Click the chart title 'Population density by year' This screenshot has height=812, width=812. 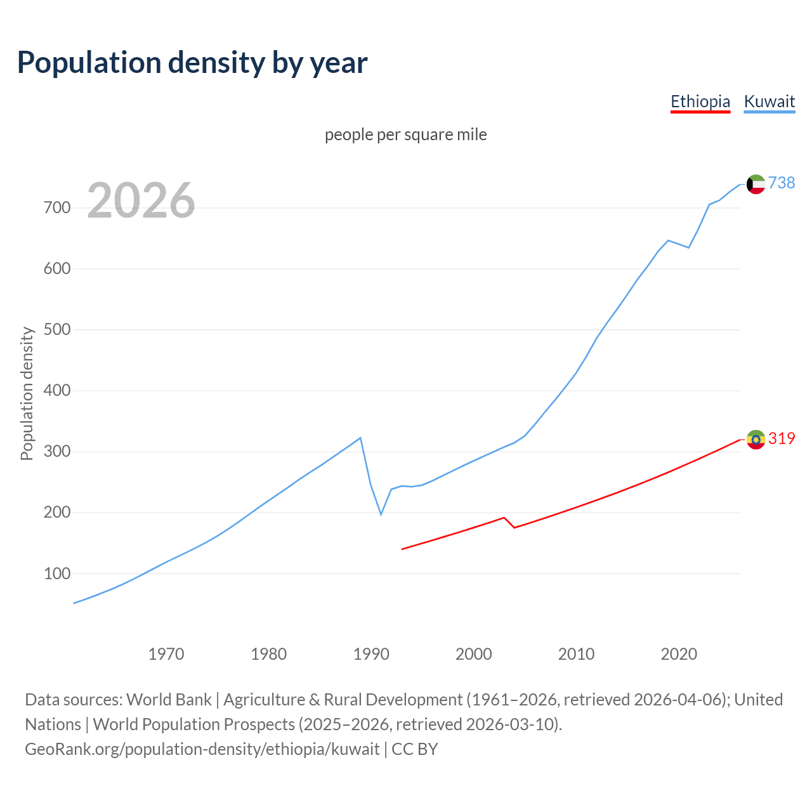point(192,62)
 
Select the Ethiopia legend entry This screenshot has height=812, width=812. point(700,101)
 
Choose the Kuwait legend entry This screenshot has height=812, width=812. point(769,101)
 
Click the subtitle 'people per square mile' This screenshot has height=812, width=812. point(405,134)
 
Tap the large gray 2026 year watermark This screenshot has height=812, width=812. point(141,200)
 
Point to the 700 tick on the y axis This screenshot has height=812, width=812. point(57,208)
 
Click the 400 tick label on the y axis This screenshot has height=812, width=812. point(57,391)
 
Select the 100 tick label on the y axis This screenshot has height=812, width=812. point(57,573)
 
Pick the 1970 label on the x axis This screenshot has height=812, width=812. point(166,653)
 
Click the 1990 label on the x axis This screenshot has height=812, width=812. point(371,653)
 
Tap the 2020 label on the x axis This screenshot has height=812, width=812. point(679,653)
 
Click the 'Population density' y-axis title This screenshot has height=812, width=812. point(27,393)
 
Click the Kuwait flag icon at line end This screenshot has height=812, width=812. point(756,184)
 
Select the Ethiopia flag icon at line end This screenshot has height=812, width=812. point(756,439)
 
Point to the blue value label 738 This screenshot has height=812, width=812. point(782,183)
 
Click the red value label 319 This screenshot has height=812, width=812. point(782,438)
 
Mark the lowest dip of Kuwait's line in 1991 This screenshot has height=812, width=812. point(381,514)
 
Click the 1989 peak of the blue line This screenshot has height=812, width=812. point(360,438)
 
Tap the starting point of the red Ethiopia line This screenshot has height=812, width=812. point(402,549)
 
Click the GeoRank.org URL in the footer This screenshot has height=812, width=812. point(202,749)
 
